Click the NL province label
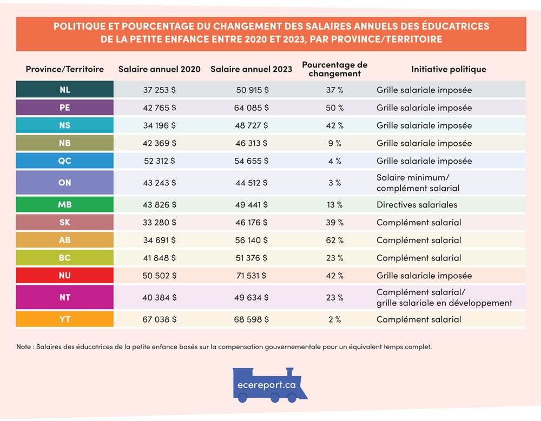[x=64, y=90]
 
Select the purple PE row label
[x=64, y=108]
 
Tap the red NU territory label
[x=64, y=276]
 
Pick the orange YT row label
[x=64, y=319]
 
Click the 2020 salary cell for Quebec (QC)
[x=159, y=161]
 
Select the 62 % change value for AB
[x=334, y=240]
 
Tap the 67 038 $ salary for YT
[x=159, y=319]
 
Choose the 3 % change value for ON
[x=334, y=183]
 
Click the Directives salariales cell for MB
[x=417, y=205]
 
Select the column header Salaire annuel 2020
[x=159, y=69]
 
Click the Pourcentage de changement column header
[x=334, y=69]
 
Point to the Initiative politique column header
[x=448, y=69]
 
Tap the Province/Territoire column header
[x=64, y=69]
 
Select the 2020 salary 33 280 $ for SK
[x=159, y=223]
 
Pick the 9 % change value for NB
[x=334, y=143]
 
